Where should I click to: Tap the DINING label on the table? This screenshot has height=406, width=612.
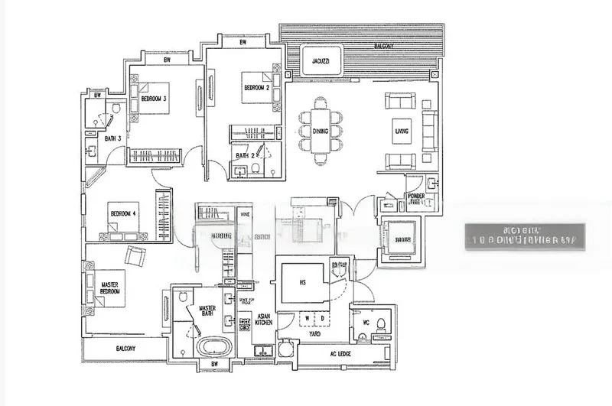[320, 132]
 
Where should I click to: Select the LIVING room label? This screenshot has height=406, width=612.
[402, 131]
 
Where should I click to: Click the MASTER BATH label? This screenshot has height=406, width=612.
[207, 313]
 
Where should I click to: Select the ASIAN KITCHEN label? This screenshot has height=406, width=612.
[263, 320]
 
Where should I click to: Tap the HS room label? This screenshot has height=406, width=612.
[303, 282]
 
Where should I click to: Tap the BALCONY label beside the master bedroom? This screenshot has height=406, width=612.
[125, 349]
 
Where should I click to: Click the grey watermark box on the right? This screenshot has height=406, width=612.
[526, 236]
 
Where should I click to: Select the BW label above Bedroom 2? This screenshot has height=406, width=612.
[243, 44]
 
